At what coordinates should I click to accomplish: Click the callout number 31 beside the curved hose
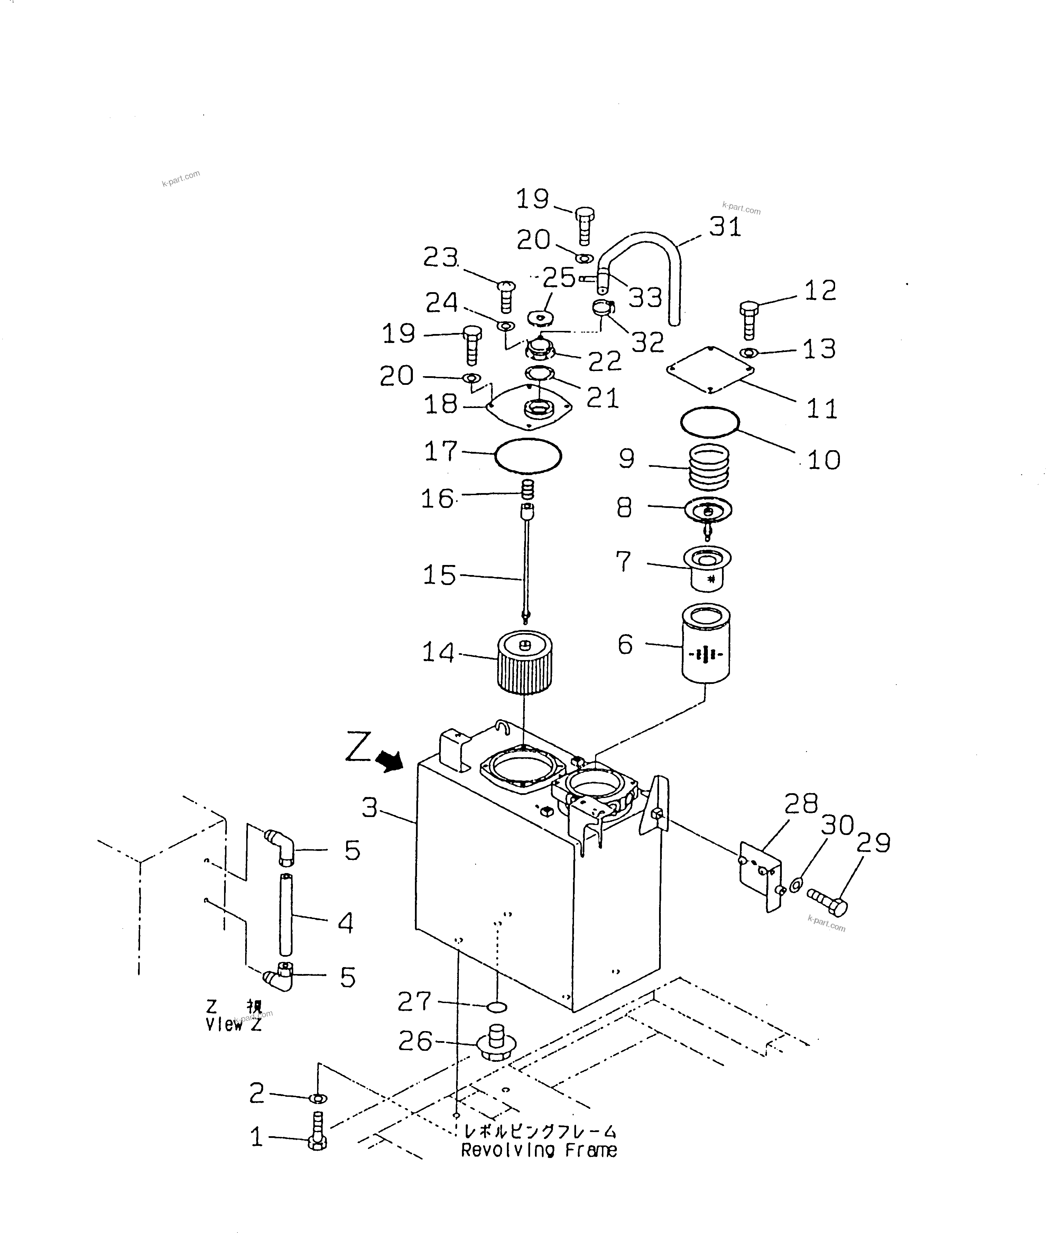pos(725,227)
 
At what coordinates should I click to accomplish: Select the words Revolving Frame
pos(539,1151)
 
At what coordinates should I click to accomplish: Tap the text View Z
pos(234,1025)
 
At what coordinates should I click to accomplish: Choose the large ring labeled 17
pos(528,456)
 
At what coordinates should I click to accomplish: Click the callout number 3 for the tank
pos(369,807)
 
